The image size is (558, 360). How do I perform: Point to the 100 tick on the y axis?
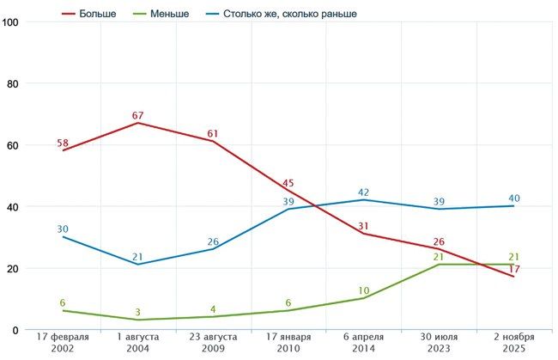11,22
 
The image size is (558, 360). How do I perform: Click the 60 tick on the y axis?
11,145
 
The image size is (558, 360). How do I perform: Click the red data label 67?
138,115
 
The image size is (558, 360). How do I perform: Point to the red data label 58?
63,143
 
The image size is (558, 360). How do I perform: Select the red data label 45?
288,182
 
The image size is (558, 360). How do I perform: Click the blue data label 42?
364,192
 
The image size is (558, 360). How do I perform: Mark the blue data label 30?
63,229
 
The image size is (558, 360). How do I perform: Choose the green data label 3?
138,312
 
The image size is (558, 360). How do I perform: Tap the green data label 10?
364,290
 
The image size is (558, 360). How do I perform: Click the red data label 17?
513,269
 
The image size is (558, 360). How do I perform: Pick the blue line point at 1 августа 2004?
138,264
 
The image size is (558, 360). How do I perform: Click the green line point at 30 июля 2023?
439,265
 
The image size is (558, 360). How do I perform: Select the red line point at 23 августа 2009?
213,141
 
